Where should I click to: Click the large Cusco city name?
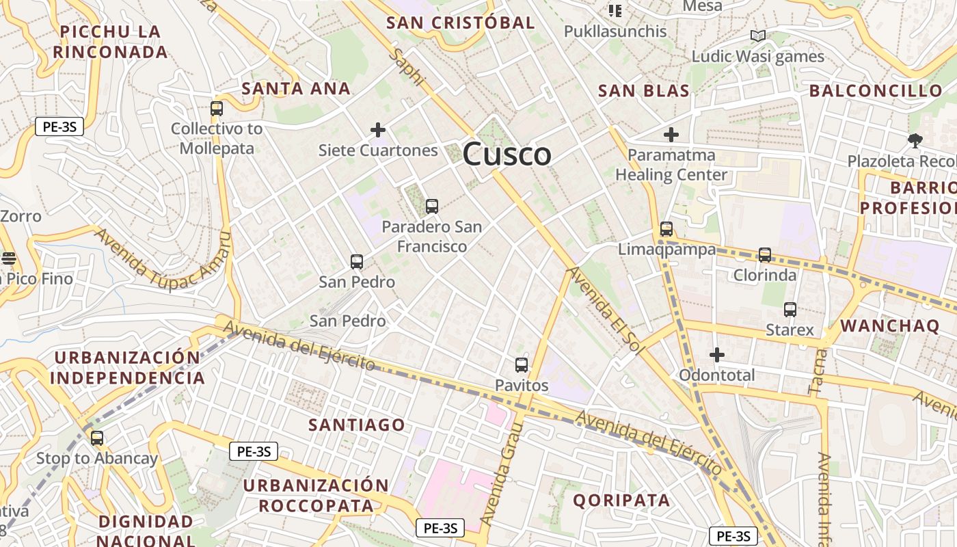[x=507, y=155]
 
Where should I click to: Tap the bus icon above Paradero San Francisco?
[x=431, y=206]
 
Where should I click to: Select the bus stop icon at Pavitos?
[x=522, y=365]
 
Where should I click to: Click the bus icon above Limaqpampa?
[x=666, y=229]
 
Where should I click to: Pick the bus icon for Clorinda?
[x=765, y=255]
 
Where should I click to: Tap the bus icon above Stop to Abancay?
[x=97, y=438]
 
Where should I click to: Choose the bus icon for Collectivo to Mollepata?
[x=217, y=108]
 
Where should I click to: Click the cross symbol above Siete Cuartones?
[x=378, y=129]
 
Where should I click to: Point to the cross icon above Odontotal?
[x=716, y=355]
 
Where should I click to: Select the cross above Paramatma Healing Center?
[x=671, y=135]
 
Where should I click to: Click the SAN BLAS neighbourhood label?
[x=643, y=91]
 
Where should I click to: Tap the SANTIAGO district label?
[x=357, y=425]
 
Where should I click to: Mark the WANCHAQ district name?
[x=889, y=325]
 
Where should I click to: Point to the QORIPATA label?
[x=621, y=500]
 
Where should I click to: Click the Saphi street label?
[x=407, y=67]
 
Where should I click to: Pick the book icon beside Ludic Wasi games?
[x=757, y=36]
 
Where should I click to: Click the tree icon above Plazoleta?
[x=915, y=141]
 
